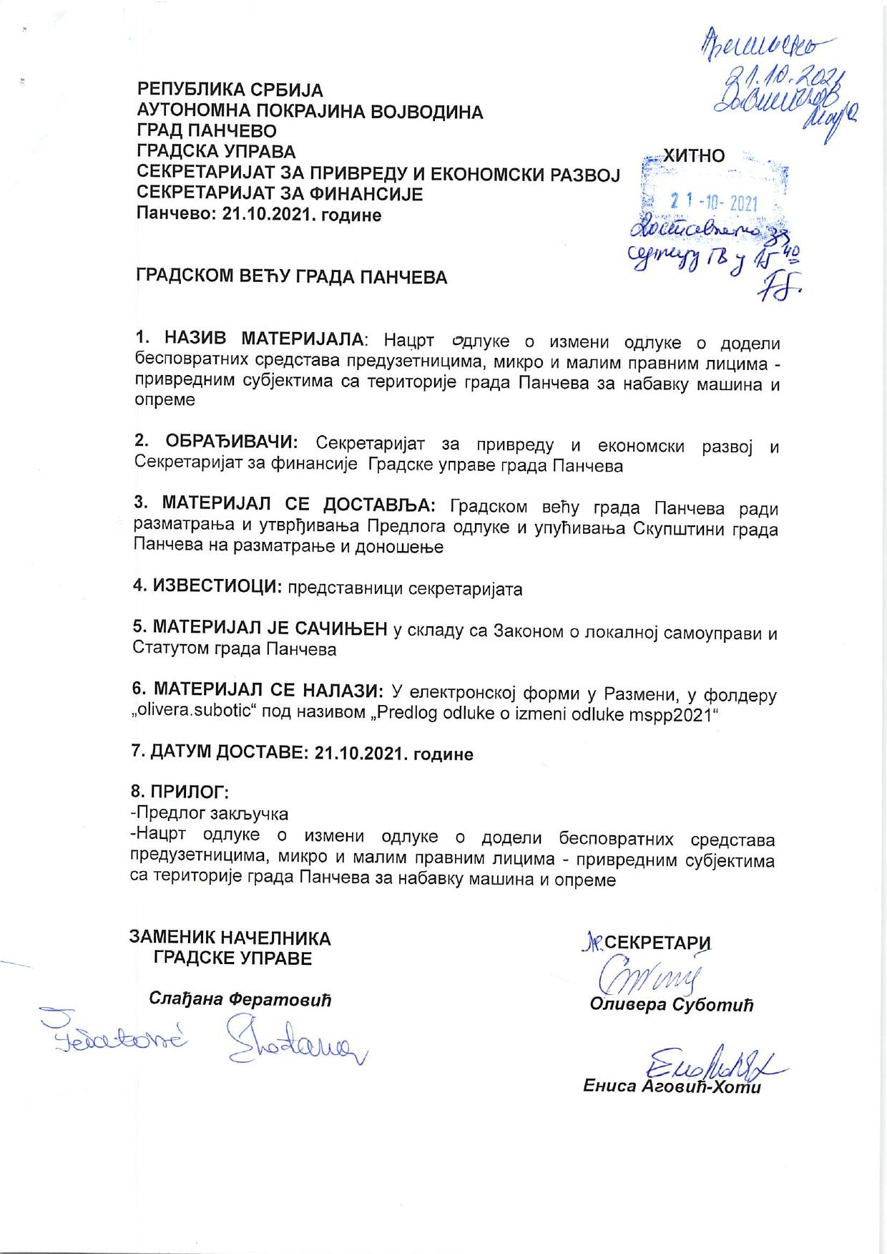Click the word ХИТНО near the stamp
(x=694, y=156)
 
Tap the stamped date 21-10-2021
(x=713, y=203)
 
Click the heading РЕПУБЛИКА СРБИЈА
(x=230, y=91)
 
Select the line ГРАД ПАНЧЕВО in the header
(x=207, y=132)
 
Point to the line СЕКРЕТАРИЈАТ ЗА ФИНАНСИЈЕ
(x=280, y=194)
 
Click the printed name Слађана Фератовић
(x=240, y=999)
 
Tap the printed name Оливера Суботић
(x=672, y=1005)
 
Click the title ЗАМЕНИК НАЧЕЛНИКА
(x=230, y=938)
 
